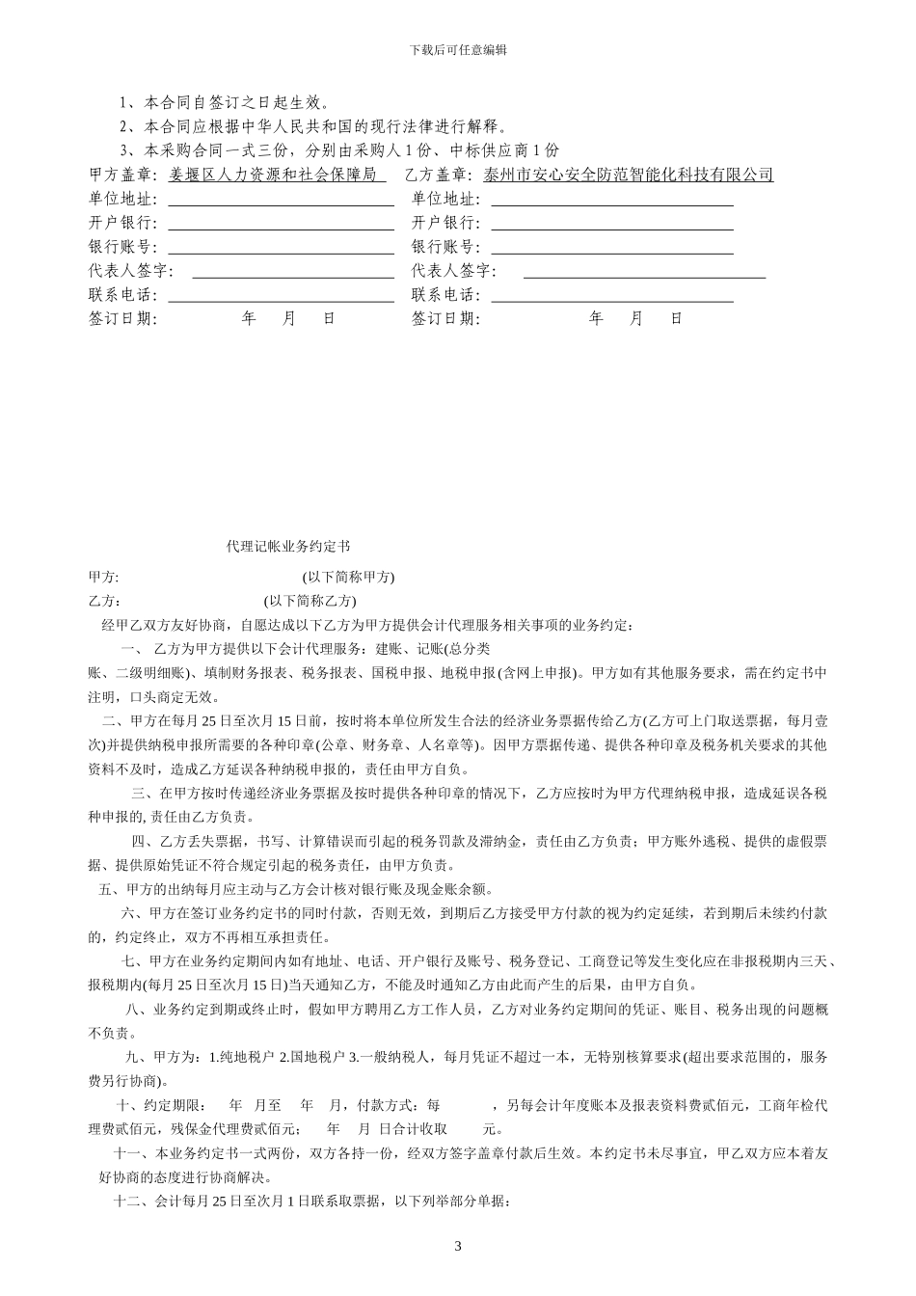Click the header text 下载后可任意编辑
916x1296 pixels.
click(458, 50)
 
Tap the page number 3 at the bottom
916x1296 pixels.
click(458, 1247)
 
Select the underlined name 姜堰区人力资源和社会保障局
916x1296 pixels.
click(277, 175)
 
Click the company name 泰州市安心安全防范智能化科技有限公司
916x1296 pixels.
click(629, 175)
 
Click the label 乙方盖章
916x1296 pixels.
click(445, 175)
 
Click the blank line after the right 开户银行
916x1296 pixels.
click(611, 224)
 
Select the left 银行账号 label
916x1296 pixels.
click(122, 248)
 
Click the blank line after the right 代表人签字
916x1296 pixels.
click(644, 272)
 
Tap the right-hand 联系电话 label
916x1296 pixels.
click(445, 296)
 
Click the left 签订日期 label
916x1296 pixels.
click(122, 319)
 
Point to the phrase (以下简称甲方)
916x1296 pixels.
click(348, 578)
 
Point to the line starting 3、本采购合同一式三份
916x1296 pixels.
click(338, 150)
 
